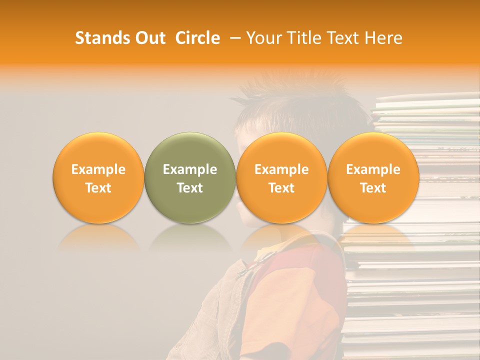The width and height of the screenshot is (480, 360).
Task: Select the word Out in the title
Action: pos(149,38)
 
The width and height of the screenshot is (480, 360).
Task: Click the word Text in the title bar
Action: pos(344,38)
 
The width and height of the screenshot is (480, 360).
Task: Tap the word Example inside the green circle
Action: pos(190,169)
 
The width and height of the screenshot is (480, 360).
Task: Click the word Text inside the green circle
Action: pos(190,188)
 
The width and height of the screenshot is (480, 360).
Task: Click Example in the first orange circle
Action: pos(98,169)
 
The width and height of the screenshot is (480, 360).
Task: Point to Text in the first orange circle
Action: pos(98,188)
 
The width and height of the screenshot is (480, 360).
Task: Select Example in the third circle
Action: pos(281,169)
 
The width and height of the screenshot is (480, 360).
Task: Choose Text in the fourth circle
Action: pos(373,188)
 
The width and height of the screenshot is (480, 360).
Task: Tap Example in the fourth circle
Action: pos(373,169)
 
